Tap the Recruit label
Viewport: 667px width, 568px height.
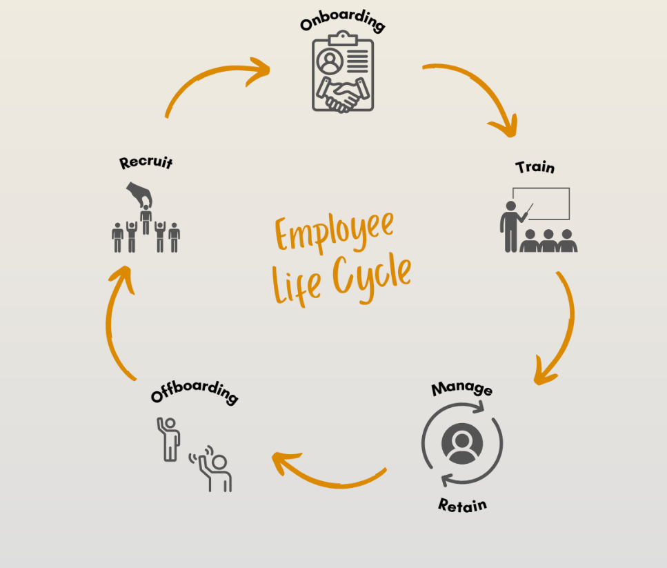(x=146, y=162)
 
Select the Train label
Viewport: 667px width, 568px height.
(x=535, y=167)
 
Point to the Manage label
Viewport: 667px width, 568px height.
(x=462, y=389)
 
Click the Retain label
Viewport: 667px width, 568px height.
(x=462, y=505)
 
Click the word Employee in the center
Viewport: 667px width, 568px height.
(x=335, y=232)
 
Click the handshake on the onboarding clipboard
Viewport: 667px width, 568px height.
(x=343, y=94)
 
